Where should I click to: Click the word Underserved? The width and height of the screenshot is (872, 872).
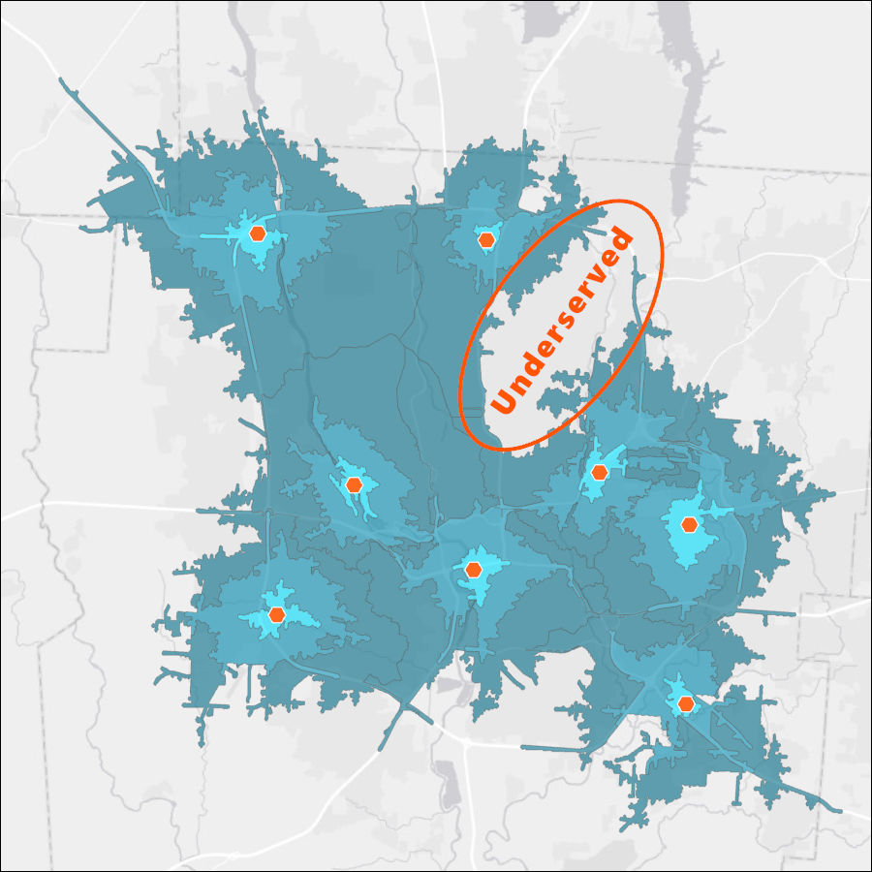[x=563, y=323]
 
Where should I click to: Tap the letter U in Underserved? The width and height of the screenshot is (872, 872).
[x=504, y=399]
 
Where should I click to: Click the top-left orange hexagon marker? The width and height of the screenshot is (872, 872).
[x=257, y=234]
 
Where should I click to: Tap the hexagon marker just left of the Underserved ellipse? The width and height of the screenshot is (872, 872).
[x=485, y=239]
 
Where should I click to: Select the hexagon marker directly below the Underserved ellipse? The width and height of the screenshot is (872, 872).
[x=599, y=473]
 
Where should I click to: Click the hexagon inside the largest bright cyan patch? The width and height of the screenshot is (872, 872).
[x=689, y=525]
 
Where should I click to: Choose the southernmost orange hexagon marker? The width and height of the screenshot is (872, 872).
[x=686, y=703]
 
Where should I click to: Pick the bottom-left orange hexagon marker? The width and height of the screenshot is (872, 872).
[x=276, y=614]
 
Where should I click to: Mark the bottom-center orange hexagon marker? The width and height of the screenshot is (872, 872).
[x=473, y=570]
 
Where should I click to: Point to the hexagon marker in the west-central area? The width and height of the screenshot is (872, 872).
[x=355, y=484]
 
